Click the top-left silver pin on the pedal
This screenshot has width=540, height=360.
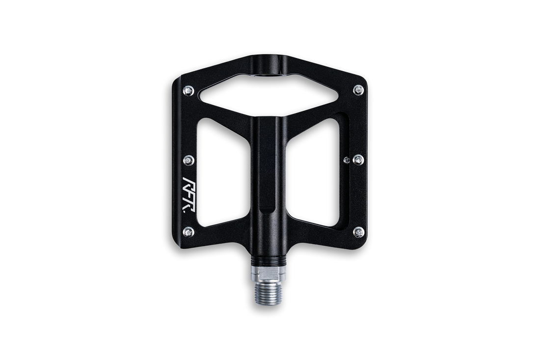pos(188,90)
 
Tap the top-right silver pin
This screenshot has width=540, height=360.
pos(358,90)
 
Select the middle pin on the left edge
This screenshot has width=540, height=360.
pos(189,160)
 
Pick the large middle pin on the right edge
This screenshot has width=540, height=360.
pos(358,160)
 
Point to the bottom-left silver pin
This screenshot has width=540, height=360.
pos(189,232)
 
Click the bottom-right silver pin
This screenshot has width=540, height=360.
pos(359,232)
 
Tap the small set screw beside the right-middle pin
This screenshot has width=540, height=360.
pos(347,160)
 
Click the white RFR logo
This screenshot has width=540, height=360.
pos(189,194)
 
